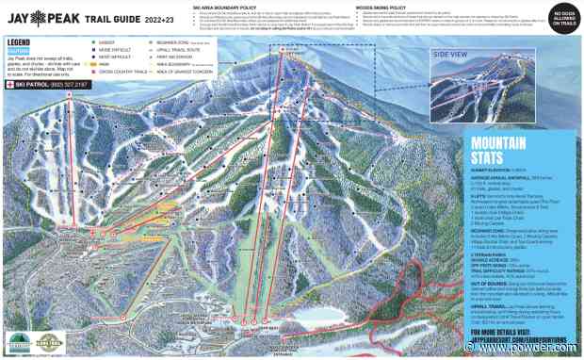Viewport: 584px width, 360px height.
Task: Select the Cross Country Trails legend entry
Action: coord(117,72)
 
